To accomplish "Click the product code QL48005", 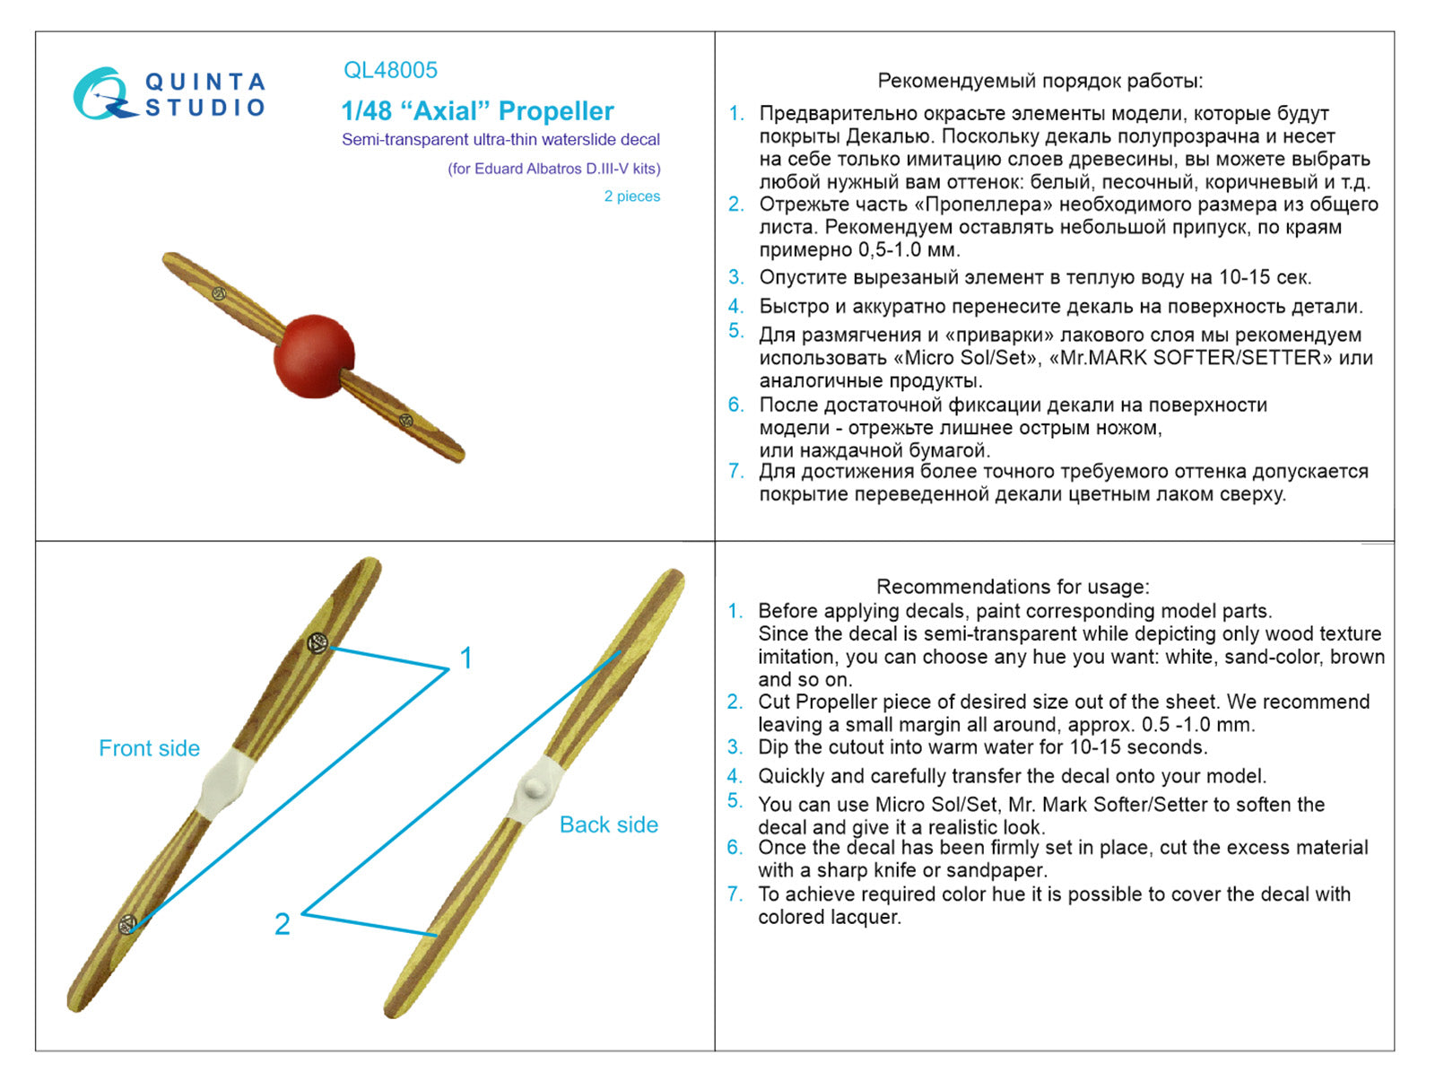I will (x=390, y=70).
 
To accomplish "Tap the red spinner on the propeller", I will (x=314, y=355).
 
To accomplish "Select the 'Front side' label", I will (x=149, y=748).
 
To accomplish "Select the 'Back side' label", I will (x=608, y=824).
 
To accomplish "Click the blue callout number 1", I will (x=465, y=658).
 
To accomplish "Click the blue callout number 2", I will (x=282, y=924).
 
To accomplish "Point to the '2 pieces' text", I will (x=631, y=196).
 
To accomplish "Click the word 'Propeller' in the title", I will (x=555, y=111).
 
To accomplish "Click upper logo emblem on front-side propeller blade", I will (x=316, y=642).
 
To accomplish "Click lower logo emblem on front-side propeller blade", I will (x=128, y=923).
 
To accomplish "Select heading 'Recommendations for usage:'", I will (x=1012, y=587).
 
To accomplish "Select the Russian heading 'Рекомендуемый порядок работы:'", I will (x=1039, y=81).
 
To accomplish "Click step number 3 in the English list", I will (x=735, y=746).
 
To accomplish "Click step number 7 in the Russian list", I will (x=735, y=471).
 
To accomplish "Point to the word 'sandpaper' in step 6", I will (x=1004, y=870).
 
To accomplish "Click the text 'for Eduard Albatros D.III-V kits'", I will (x=554, y=169).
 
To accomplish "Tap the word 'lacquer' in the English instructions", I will (x=864, y=917).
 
